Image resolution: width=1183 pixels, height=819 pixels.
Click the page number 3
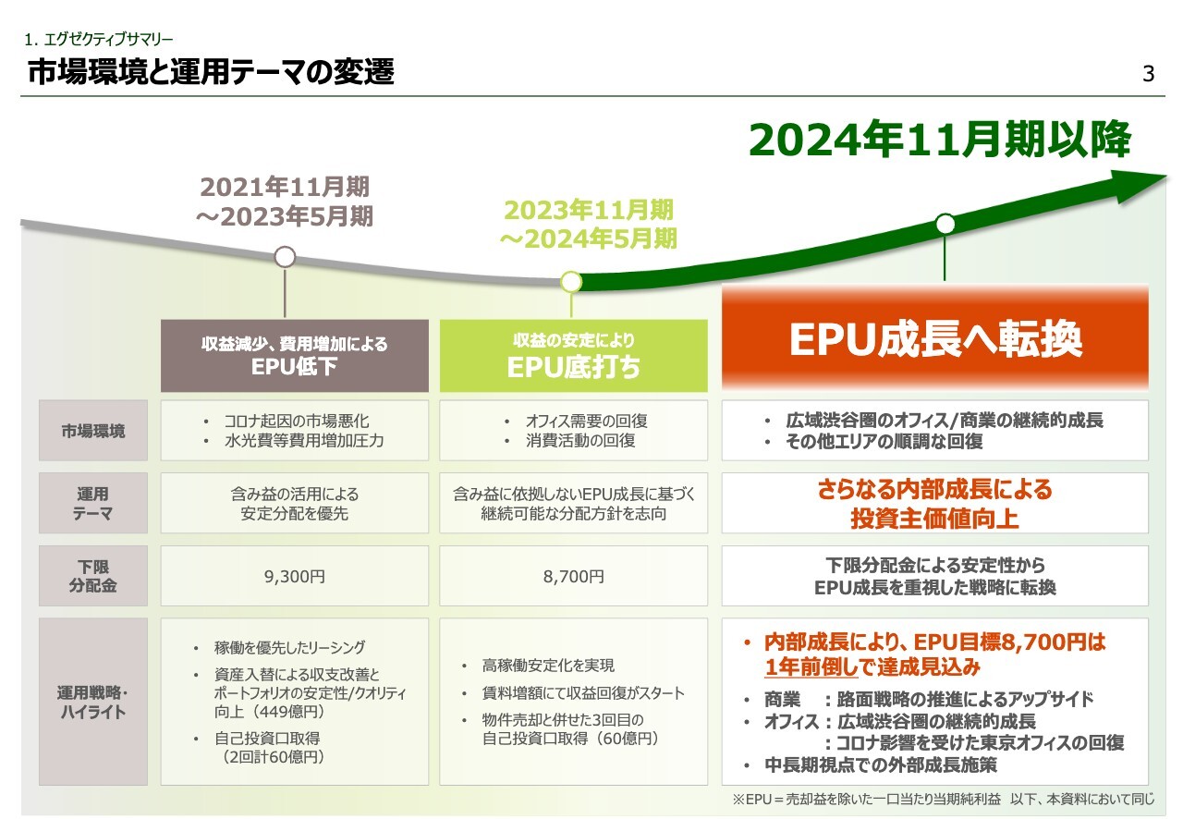pos(1149,74)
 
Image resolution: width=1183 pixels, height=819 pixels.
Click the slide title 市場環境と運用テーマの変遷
pos(212,72)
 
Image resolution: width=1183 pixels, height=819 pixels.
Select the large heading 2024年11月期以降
pos(939,141)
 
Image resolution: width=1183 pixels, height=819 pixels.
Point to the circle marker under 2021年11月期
pos(286,256)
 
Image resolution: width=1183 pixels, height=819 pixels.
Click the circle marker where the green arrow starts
pos(571,281)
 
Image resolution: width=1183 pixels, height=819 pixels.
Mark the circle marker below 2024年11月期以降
pos(945,224)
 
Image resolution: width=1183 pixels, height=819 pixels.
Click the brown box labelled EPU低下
pos(295,356)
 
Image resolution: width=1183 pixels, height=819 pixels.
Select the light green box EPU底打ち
pos(573,356)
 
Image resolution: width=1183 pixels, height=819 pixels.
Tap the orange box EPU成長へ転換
pos(934,339)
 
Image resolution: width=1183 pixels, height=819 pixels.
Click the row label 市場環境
pos(93,431)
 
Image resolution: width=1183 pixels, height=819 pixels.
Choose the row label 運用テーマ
pos(93,504)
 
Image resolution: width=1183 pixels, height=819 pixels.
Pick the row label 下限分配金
pos(93,575)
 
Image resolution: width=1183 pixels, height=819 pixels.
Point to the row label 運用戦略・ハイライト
pos(93,702)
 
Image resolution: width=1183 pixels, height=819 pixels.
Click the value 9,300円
pos(295,576)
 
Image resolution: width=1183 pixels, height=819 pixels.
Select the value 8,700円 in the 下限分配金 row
pos(573,576)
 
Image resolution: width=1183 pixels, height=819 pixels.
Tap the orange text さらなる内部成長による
pos(934,490)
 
